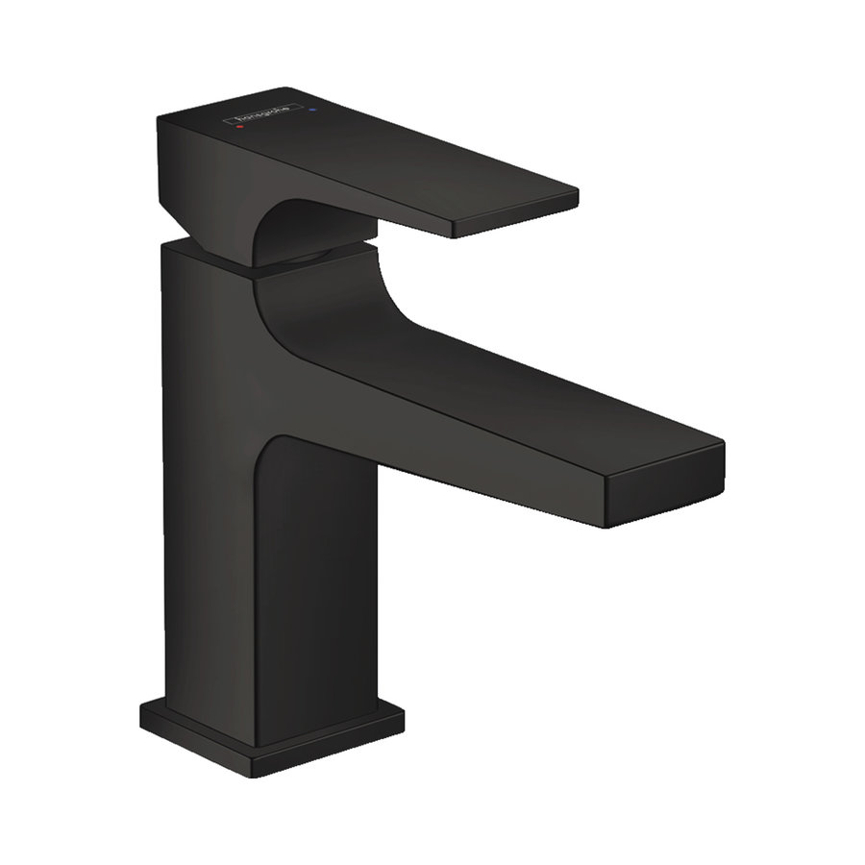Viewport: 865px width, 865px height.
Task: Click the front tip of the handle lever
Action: click(514, 219)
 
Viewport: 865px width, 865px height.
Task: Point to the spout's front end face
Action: click(663, 488)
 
